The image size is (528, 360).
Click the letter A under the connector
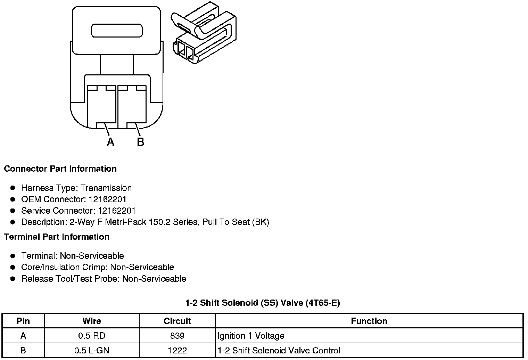click(x=110, y=142)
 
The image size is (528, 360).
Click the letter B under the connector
click(x=140, y=142)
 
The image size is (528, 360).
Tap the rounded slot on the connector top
click(x=117, y=31)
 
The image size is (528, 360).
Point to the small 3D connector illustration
click(x=204, y=33)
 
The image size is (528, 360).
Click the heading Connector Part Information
click(x=60, y=169)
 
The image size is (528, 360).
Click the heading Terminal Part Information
click(x=57, y=237)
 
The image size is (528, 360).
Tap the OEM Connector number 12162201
click(x=107, y=199)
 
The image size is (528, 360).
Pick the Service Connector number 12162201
click(x=117, y=211)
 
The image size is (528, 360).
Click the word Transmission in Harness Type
click(x=106, y=188)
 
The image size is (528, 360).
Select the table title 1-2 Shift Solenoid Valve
click(x=263, y=303)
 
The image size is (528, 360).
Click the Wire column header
click(x=92, y=321)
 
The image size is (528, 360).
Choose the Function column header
click(x=369, y=321)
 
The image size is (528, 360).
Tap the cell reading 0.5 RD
click(x=92, y=336)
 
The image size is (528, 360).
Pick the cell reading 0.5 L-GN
click(x=92, y=351)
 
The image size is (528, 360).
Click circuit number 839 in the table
click(x=177, y=336)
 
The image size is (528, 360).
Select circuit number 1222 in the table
click(x=177, y=351)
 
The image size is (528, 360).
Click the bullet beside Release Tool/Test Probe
click(x=13, y=279)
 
